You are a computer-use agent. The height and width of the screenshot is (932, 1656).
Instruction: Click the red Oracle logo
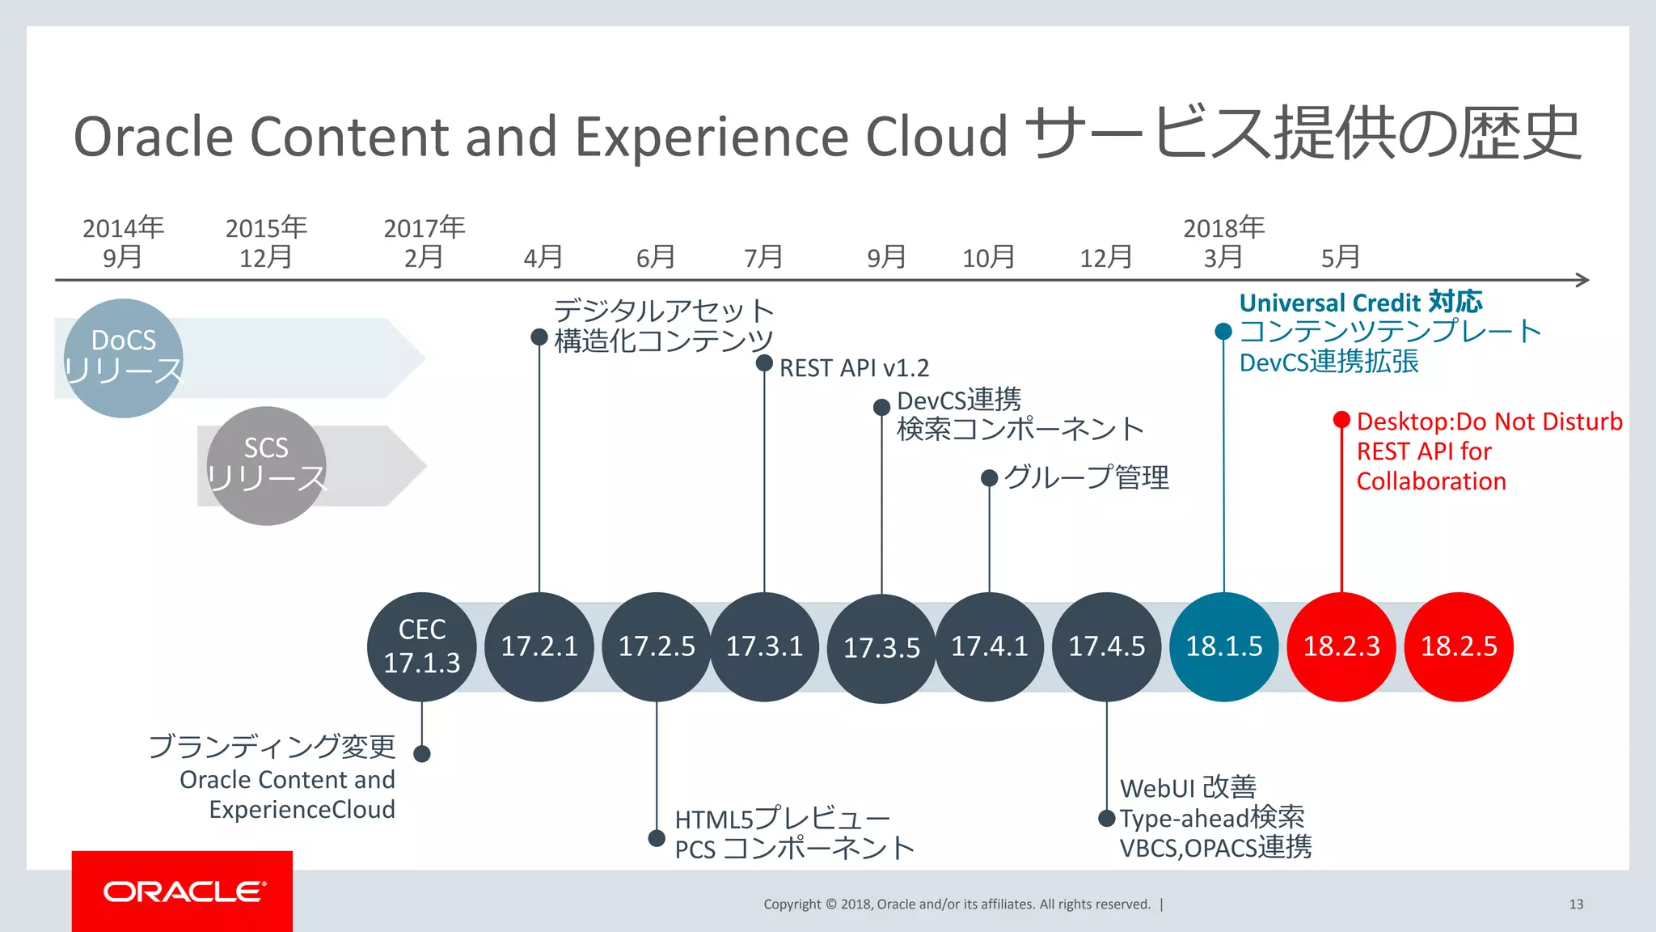183,891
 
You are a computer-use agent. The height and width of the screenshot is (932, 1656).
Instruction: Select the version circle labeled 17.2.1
539,646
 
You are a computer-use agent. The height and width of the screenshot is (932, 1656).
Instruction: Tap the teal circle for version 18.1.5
1224,646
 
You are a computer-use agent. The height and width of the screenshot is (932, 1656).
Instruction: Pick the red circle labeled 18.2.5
1459,646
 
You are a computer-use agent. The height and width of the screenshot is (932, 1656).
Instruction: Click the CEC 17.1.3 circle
422,646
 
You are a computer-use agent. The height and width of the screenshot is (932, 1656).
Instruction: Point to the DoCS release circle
124,358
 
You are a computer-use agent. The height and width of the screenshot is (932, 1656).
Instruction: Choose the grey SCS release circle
266,465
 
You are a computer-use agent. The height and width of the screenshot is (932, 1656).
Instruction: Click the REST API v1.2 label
854,368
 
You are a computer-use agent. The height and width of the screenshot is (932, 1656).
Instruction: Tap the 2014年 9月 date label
123,242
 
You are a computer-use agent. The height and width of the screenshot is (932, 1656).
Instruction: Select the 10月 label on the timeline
988,257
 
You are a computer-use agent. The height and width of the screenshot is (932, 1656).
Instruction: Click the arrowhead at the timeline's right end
1583,280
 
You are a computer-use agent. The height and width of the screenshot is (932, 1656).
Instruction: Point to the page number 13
1576,904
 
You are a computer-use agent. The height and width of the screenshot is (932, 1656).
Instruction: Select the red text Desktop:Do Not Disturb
1489,422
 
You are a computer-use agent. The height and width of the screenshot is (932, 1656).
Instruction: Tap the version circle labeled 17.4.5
1107,646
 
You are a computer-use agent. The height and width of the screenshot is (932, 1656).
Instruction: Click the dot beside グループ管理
989,478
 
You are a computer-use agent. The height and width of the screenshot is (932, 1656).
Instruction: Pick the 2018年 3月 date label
1223,242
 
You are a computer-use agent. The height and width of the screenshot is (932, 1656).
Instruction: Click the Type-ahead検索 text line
1212,818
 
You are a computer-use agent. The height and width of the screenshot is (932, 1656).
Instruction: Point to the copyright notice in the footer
957,904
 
